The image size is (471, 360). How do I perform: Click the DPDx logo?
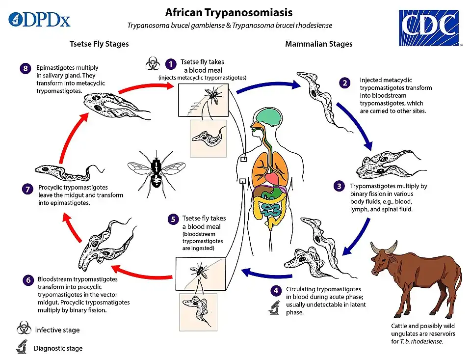[x=39, y=20]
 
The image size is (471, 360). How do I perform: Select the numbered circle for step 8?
[x=26, y=68]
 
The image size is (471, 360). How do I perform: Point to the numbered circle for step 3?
[x=339, y=186]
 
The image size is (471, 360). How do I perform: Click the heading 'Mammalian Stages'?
[x=318, y=44]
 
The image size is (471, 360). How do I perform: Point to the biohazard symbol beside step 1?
[x=152, y=63]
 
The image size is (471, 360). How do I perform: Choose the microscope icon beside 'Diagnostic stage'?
[x=22, y=348]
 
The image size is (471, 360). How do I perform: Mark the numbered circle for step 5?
[x=172, y=219]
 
